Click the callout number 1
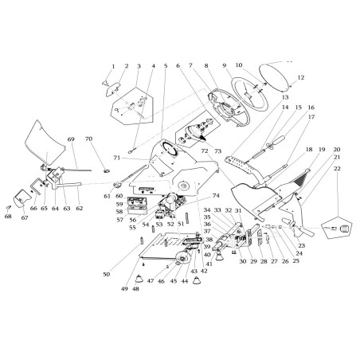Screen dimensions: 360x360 pyautogui.click(x=113, y=66)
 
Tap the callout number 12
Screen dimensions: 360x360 pyautogui.click(x=301, y=77)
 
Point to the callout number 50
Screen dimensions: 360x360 pyautogui.click(x=106, y=273)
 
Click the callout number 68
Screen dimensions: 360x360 pyautogui.click(x=9, y=216)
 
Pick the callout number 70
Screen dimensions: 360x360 pyautogui.click(x=89, y=139)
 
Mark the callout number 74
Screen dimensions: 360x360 pyautogui.click(x=215, y=195)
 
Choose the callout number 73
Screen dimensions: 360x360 pyautogui.click(x=217, y=151)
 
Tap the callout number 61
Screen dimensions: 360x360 pyautogui.click(x=107, y=195)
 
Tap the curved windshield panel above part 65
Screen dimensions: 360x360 pyautogui.click(x=43, y=143)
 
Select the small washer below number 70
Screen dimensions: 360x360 pyautogui.click(x=104, y=169)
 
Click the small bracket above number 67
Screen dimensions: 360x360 pyautogui.click(x=35, y=189)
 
